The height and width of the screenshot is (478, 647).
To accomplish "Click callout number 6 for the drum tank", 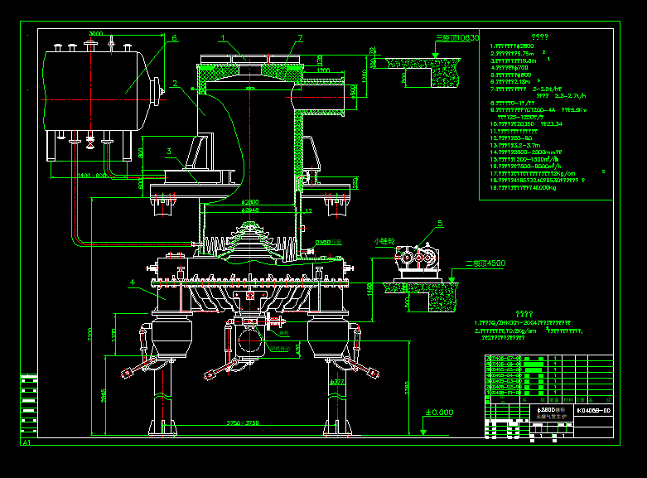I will [175, 38].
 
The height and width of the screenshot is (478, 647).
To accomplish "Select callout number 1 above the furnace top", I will [223, 38].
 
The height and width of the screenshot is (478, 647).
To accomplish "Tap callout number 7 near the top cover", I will [300, 38].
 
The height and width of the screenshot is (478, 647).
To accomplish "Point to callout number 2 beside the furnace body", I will [175, 83].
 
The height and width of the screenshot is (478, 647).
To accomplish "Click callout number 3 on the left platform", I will [168, 151].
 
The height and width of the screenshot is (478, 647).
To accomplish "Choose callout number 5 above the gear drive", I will [440, 223].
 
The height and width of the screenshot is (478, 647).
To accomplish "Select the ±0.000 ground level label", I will [439, 413].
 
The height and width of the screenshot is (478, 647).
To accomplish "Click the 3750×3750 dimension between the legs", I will [242, 423].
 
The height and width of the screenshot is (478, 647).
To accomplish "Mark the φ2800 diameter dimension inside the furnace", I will [249, 201].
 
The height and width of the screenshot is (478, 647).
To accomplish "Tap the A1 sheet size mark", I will [27, 443].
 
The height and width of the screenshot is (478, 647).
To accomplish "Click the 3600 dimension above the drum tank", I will [96, 34].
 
